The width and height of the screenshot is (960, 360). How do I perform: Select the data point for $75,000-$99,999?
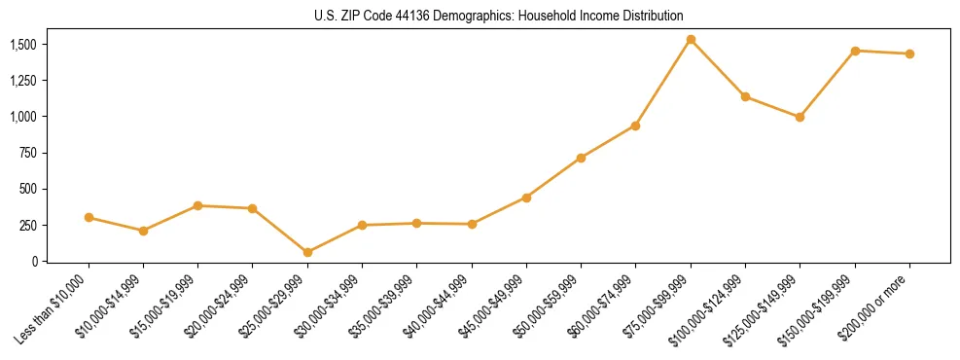coord(691,40)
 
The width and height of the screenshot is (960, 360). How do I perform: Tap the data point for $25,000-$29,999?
coord(307,252)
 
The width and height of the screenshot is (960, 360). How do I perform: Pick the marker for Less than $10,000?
coord(89,217)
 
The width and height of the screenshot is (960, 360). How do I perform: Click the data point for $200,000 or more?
coord(909,54)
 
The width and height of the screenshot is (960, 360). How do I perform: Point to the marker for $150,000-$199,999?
coord(855,51)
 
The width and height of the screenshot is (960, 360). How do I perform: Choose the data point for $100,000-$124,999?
coord(745,96)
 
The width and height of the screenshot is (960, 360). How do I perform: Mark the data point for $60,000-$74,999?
coord(635,126)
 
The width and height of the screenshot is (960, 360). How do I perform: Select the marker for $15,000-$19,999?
coord(197,205)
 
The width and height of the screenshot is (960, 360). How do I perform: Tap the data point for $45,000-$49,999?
coord(526,198)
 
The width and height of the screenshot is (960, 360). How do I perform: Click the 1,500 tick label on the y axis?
coord(22,45)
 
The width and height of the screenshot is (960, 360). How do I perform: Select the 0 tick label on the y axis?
coord(33,261)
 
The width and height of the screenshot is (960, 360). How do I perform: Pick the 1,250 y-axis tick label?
coord(22,82)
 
